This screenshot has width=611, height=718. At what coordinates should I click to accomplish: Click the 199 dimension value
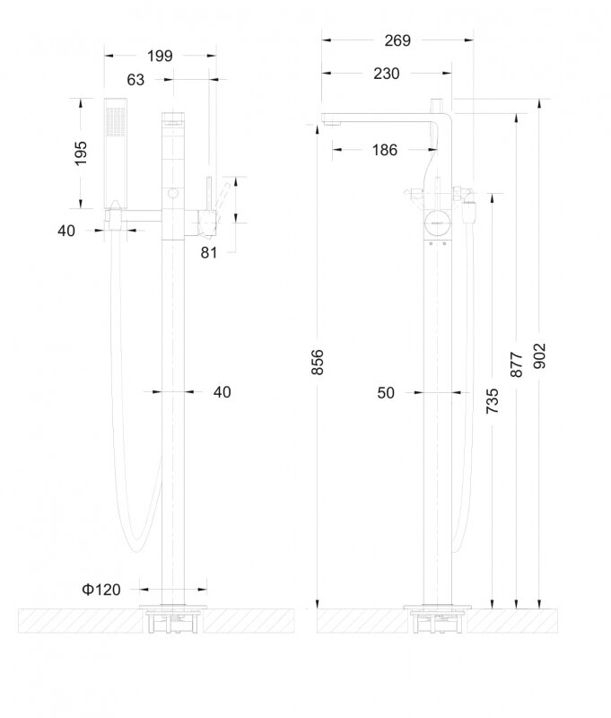pos(160,56)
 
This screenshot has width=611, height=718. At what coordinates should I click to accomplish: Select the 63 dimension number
pos(135,80)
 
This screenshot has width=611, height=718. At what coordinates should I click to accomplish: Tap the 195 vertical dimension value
pos(80,153)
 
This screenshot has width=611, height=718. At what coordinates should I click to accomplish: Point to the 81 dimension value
pos(209,252)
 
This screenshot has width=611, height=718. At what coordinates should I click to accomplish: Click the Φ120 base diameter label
pos(101,590)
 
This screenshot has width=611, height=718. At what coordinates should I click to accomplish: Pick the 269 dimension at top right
pos(397,40)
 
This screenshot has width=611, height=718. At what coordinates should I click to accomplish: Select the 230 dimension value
pos(387,74)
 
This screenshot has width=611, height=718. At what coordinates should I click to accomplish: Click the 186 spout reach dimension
pos(384,150)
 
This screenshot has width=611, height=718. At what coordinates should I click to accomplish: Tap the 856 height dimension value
pos(318,362)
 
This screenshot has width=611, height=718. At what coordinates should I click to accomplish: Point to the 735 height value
pos(492,400)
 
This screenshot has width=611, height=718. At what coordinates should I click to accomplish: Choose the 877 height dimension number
pos(516,364)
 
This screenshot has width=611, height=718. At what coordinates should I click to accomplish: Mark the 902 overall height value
pos(540,355)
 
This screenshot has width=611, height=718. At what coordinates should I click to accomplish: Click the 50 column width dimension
pos(386,392)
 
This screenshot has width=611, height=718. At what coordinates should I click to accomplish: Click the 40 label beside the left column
pos(222,392)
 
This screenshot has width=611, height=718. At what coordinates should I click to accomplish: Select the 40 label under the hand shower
pos(66,231)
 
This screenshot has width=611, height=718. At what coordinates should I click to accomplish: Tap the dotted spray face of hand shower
pos(116,121)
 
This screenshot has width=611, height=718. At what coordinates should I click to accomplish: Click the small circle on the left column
pos(173,193)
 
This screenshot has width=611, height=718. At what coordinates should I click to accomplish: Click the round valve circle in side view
pos(438,223)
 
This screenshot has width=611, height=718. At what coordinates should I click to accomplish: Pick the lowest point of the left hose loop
pos(137,550)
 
